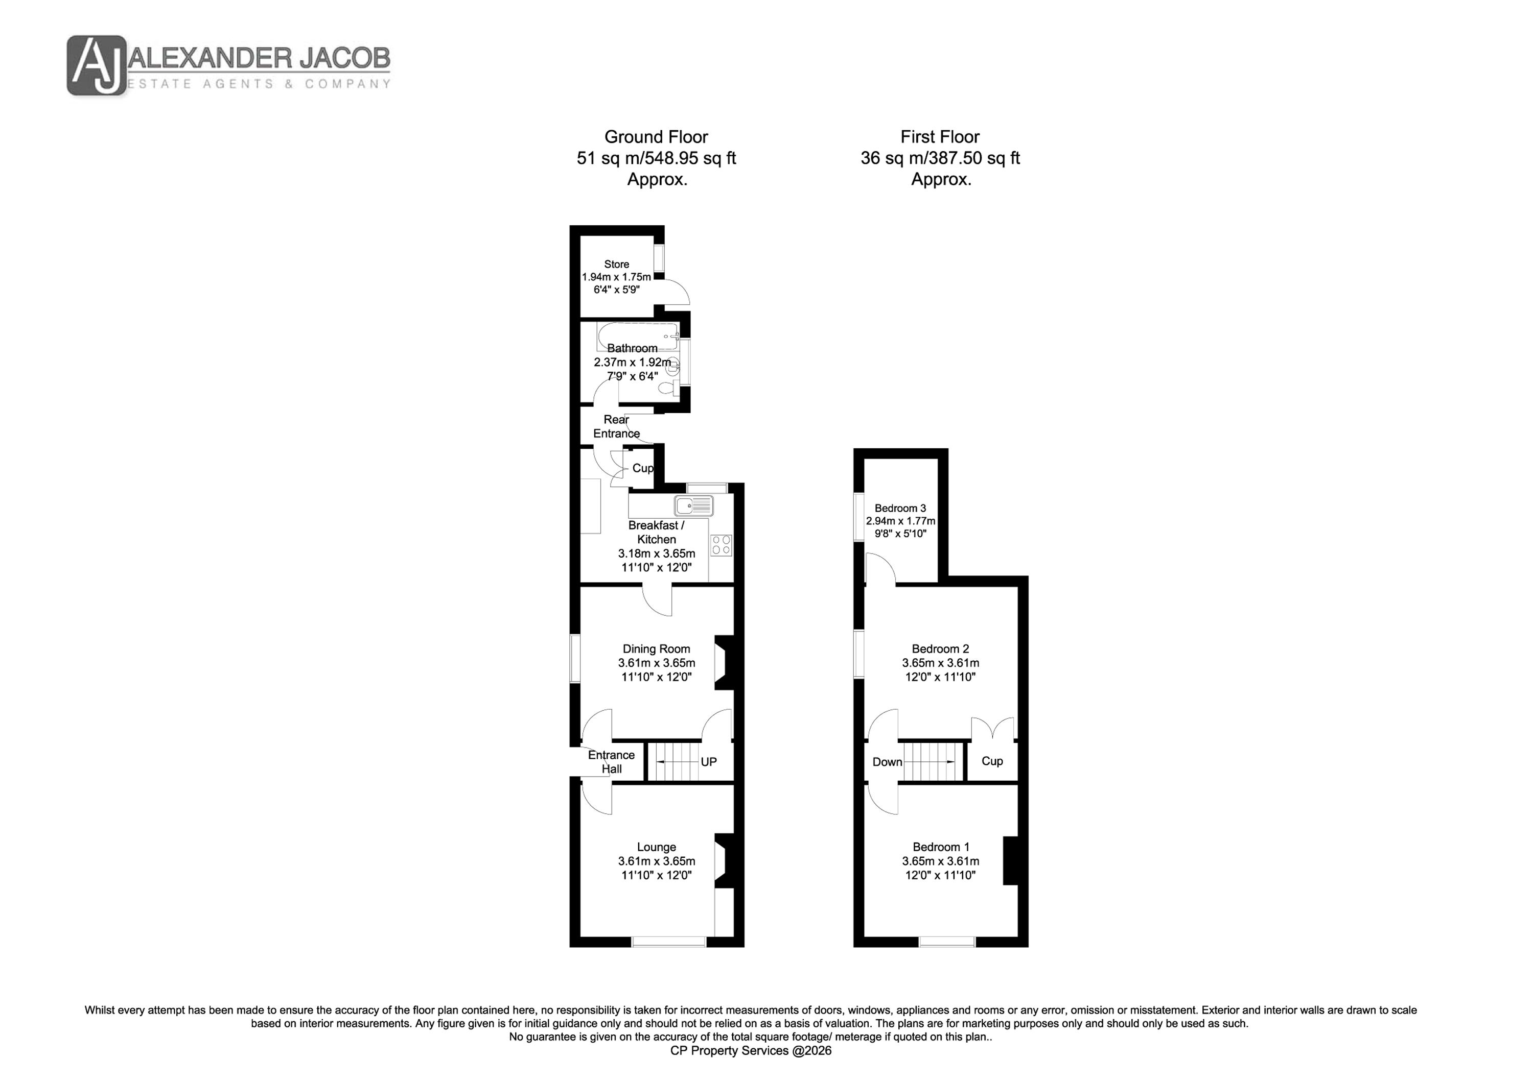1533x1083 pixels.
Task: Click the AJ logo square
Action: (x=96, y=65)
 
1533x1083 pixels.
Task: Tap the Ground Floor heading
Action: (x=656, y=137)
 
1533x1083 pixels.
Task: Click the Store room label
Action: (x=616, y=264)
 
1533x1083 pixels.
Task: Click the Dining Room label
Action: (x=656, y=648)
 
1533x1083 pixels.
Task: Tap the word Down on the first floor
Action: (x=887, y=762)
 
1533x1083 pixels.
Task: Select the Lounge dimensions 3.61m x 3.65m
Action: (x=656, y=861)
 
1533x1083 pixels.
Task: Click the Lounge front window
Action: (x=669, y=942)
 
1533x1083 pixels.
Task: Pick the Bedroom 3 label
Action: (x=900, y=509)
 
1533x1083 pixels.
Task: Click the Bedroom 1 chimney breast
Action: (x=1010, y=860)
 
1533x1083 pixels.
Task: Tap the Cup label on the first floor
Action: (x=992, y=761)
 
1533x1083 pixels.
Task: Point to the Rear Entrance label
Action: (x=616, y=426)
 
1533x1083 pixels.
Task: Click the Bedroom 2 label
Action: (x=940, y=648)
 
